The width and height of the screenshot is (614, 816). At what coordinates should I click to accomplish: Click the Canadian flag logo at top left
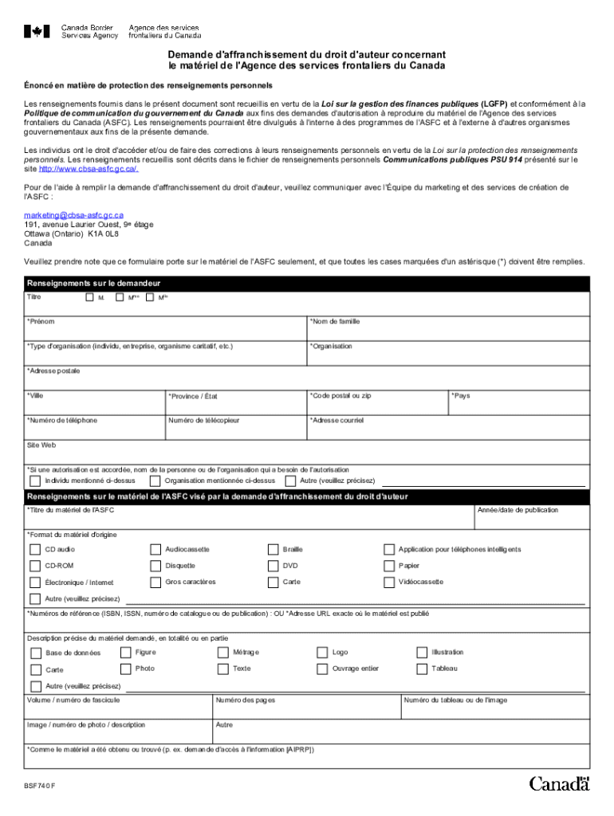(x=37, y=31)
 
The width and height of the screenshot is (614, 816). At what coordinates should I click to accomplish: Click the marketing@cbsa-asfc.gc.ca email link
(x=73, y=215)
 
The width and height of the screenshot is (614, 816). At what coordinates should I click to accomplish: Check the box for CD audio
(x=35, y=549)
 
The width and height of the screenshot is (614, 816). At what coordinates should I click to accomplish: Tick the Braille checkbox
(x=272, y=549)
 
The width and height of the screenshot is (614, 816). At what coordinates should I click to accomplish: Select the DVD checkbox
(x=272, y=566)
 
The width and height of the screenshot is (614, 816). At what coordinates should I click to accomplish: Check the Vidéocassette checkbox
(x=389, y=583)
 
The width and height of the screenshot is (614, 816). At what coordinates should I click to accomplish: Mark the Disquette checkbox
(x=155, y=566)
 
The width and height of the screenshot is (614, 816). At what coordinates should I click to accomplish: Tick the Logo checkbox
(x=322, y=653)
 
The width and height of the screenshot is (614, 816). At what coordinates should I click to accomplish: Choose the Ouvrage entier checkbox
(x=322, y=669)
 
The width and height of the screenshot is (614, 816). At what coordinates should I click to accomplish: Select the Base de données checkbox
(x=35, y=653)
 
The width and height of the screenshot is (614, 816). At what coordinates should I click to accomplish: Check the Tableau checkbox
(x=422, y=669)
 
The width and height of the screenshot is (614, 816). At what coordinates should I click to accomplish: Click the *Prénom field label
(x=41, y=322)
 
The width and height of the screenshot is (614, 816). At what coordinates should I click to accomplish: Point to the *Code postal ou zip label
(x=340, y=395)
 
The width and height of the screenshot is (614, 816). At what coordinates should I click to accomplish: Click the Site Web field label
(x=41, y=445)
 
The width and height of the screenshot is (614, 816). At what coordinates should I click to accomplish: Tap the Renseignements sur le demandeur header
(x=94, y=284)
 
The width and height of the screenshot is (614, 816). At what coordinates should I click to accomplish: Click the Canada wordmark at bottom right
(x=559, y=783)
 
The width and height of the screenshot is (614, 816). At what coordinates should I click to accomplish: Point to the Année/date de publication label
(x=518, y=510)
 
